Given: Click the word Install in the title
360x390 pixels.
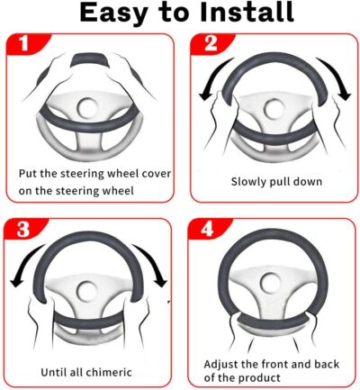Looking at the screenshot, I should pyautogui.click(x=235, y=14).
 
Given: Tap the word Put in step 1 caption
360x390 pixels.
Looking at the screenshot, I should pyautogui.click(x=29, y=173).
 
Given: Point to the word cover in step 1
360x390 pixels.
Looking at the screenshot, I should pyautogui.click(x=139, y=173).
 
